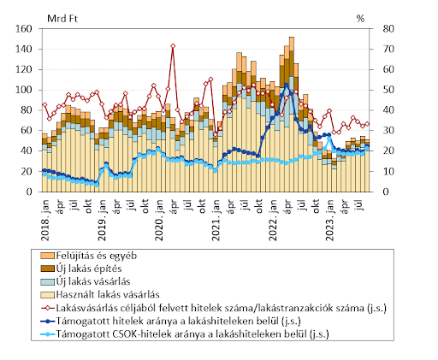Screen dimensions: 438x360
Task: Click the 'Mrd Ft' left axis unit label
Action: pos(62,19)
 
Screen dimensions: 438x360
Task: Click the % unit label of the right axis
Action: pos(360,19)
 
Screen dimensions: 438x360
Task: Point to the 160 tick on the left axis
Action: pos(23,29)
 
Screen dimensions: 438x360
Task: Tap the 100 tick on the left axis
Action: pos(23,90)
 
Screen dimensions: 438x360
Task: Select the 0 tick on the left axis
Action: pos(29,192)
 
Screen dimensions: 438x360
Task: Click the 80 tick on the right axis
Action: pos(388,29)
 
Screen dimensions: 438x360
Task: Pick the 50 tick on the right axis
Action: pos(388,90)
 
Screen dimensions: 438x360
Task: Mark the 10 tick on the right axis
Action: pos(388,171)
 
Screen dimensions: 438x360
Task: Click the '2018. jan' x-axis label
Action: pos(45,220)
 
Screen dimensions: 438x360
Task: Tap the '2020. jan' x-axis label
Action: pos(159,220)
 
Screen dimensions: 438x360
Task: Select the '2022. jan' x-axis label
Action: pos(273,220)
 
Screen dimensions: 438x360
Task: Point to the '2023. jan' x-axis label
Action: pos(329,220)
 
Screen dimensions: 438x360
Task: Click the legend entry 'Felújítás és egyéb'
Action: pos(89,256)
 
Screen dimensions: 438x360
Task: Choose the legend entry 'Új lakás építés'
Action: pos(81,269)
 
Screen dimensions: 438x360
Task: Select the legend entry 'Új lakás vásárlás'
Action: pos(86,281)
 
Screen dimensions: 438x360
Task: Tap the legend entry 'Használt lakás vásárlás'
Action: pos(100,294)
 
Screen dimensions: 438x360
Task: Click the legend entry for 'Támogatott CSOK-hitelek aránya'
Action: pos(185,333)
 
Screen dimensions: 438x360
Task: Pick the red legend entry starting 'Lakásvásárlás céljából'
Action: pos(214,308)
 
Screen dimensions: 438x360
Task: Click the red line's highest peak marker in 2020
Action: pos(173,46)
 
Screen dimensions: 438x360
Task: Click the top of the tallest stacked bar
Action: pos(292,37)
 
